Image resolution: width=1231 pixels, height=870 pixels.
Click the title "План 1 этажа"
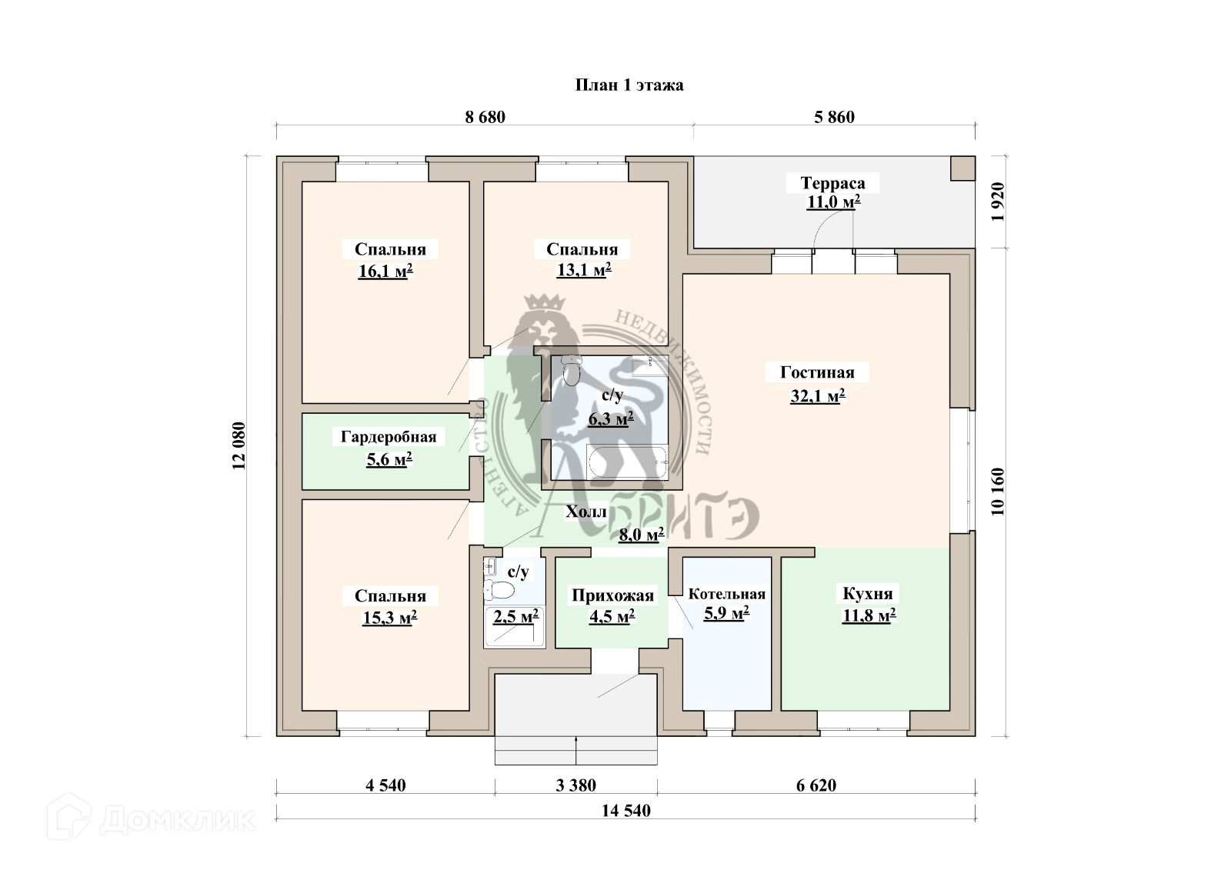(629, 85)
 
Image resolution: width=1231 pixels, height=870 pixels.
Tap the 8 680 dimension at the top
(485, 117)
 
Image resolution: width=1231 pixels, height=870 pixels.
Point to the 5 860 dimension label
(834, 117)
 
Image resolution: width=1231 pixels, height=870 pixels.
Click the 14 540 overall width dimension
(626, 811)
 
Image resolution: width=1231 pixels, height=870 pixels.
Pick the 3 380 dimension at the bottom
(575, 785)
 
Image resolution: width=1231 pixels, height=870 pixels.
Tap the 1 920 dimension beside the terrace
(998, 202)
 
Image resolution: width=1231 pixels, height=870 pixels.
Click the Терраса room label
(832, 183)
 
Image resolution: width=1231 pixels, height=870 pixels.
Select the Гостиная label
(817, 372)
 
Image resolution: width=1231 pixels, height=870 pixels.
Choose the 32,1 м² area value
(818, 397)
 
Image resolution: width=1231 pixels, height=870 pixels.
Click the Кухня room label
(867, 594)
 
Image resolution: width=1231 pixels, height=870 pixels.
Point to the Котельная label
(726, 594)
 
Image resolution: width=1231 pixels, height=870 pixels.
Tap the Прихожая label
(612, 595)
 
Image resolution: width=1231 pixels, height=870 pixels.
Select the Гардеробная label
(389, 437)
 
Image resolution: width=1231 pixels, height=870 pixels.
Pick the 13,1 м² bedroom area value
(583, 270)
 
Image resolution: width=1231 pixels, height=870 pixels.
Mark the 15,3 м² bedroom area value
(389, 618)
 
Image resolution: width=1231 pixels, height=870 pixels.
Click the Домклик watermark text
(177, 820)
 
